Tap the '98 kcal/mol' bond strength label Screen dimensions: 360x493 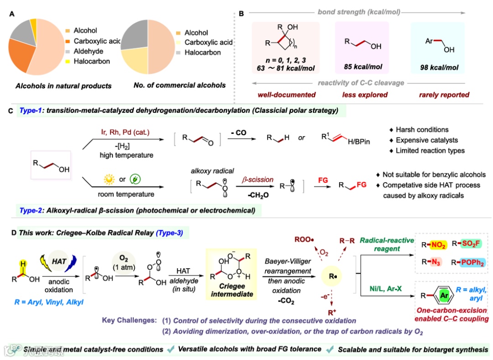(440, 68)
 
